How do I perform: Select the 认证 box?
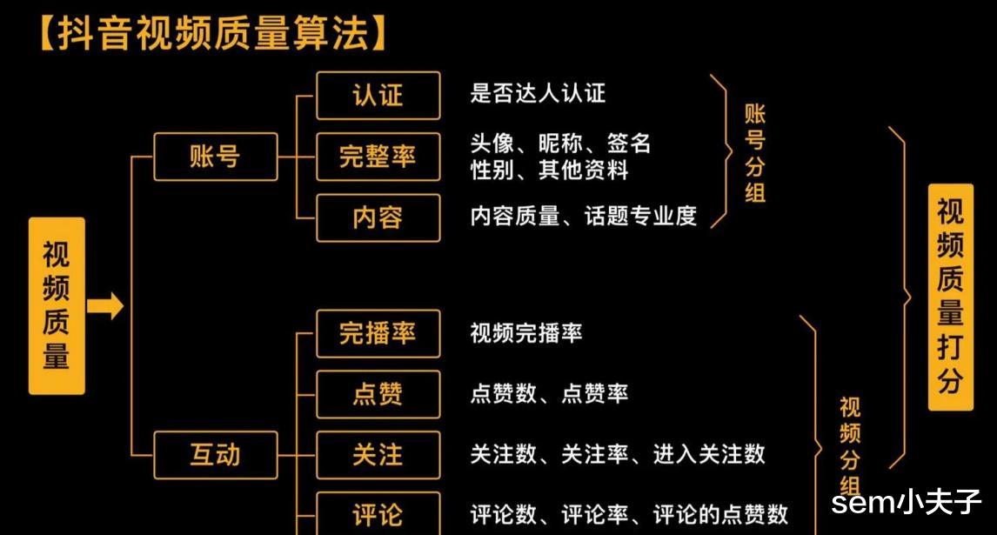tap(378, 95)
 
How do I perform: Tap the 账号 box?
tap(215, 157)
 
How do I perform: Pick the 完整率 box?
tap(378, 157)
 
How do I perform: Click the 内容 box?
tap(378, 217)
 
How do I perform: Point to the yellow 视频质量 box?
tap(57, 305)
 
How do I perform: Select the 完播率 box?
tap(378, 333)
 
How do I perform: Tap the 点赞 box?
tap(378, 394)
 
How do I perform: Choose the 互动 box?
tap(215, 454)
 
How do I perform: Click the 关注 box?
tap(378, 454)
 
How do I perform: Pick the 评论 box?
tap(378, 514)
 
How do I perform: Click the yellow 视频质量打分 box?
tap(950, 297)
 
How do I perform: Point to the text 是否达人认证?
tap(537, 94)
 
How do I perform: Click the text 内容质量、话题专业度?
tap(583, 217)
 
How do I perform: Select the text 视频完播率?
tap(525, 333)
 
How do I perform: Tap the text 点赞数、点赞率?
tap(548, 394)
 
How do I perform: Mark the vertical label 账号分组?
tap(755, 153)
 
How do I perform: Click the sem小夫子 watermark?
tap(906, 503)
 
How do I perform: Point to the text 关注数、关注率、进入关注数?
tap(617, 454)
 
